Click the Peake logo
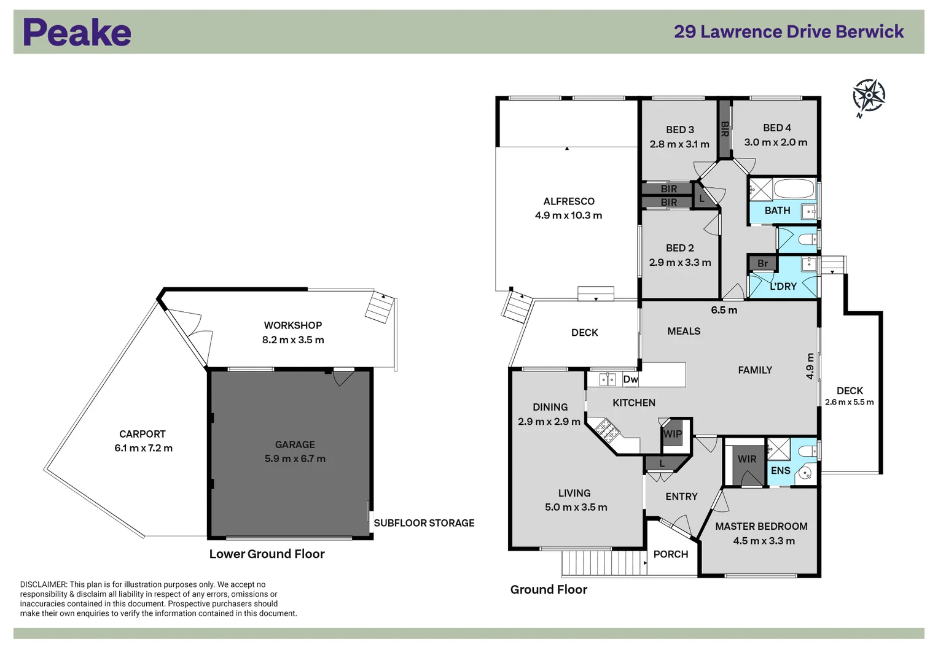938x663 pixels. click(x=77, y=33)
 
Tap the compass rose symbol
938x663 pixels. click(x=869, y=96)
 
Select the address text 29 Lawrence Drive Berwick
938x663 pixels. click(x=788, y=32)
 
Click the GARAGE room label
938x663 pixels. click(x=295, y=444)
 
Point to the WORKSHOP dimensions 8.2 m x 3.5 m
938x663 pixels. click(x=293, y=340)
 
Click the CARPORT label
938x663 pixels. click(x=143, y=434)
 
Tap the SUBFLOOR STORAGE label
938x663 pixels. click(x=424, y=523)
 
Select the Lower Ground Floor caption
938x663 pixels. click(x=267, y=554)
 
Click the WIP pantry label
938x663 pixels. click(x=673, y=434)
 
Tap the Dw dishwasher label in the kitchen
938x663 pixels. click(x=630, y=379)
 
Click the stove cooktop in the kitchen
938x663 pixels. click(x=604, y=430)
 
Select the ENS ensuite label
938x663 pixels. click(x=780, y=471)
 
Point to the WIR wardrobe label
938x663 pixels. click(x=747, y=459)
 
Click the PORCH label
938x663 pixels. click(x=670, y=554)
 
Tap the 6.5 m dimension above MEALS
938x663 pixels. click(x=724, y=311)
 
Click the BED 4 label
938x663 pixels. click(x=776, y=128)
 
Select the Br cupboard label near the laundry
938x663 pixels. click(x=762, y=264)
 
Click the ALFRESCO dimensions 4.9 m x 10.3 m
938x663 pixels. click(x=568, y=215)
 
